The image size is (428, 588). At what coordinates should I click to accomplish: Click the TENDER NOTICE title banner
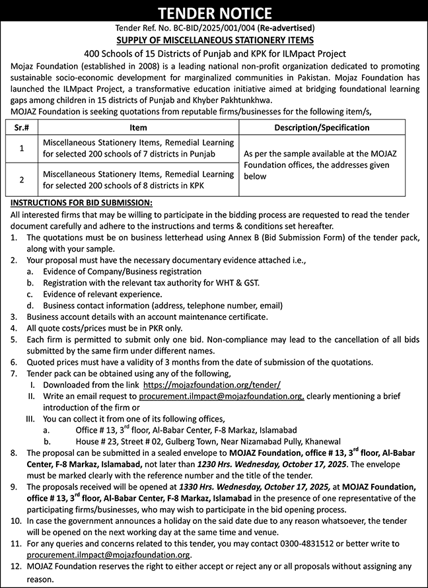pos(214,13)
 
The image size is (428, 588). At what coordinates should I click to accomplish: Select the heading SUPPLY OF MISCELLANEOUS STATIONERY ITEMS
pos(214,40)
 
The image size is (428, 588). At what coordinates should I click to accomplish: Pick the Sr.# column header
pos(21,128)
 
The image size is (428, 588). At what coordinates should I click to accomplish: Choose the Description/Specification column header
pos(326,128)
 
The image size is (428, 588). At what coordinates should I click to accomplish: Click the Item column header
pos(138,128)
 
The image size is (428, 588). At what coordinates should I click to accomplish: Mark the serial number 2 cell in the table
pos(21,179)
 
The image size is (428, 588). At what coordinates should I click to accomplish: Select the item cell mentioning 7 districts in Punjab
pos(138,148)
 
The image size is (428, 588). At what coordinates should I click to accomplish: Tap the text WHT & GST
pos(240,283)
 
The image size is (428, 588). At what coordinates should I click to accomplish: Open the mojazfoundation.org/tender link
pos(212,385)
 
